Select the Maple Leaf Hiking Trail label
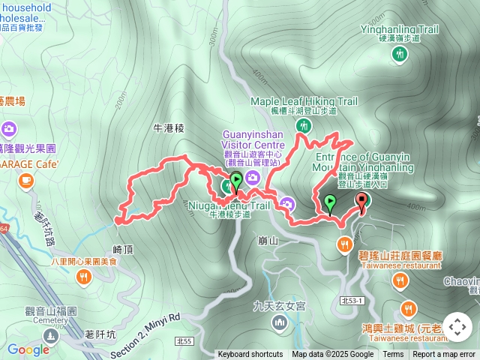coord(304,101)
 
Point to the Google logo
coord(28,349)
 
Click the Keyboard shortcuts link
coord(250,355)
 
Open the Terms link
coord(393,355)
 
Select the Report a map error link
coord(444,355)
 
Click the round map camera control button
coord(457,327)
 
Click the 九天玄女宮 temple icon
coord(280,322)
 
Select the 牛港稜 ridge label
coord(168,128)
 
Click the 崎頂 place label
coord(122,248)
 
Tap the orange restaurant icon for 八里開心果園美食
coord(83,277)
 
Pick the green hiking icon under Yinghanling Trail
coord(400,53)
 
